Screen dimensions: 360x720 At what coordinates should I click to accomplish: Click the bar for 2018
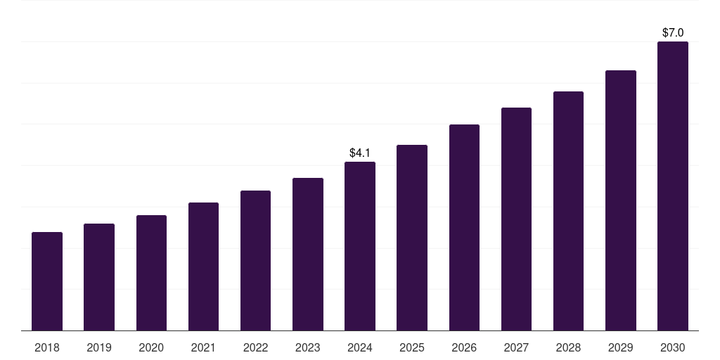[x=47, y=281]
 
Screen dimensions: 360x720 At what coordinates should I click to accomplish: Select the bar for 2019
[x=99, y=277]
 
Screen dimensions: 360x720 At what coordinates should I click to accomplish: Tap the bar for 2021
[x=203, y=266]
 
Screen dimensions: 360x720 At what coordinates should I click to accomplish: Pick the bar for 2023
[x=308, y=254]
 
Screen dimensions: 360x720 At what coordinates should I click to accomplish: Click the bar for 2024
[x=360, y=246]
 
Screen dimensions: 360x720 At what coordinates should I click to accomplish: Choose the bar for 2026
[x=464, y=227]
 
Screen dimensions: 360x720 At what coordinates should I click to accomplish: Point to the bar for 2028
[x=568, y=211]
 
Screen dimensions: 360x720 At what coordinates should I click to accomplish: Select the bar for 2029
[x=621, y=200]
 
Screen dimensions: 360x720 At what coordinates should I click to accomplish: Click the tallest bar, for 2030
[x=673, y=186]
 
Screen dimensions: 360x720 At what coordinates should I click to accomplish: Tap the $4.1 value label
[x=360, y=153]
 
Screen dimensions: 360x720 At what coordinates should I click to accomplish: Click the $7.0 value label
[x=673, y=32]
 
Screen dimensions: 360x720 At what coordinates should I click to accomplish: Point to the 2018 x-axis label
[x=47, y=347]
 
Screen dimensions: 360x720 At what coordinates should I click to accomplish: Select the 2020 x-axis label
[x=151, y=347]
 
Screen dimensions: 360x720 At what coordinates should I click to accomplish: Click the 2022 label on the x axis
[x=255, y=347]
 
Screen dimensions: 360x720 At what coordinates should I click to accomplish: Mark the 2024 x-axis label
[x=360, y=347]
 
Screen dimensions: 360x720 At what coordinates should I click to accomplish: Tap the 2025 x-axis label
[x=412, y=347]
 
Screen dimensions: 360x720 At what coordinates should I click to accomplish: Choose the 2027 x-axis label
[x=516, y=347]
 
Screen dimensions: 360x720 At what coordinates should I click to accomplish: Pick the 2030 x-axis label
[x=673, y=347]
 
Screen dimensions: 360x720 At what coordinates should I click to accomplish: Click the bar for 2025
[x=412, y=238]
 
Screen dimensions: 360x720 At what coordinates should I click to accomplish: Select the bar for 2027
[x=516, y=219]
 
